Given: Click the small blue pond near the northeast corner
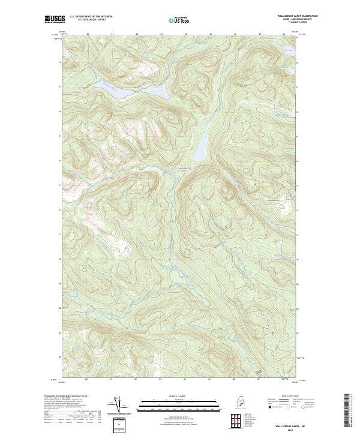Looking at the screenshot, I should click(288, 50).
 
